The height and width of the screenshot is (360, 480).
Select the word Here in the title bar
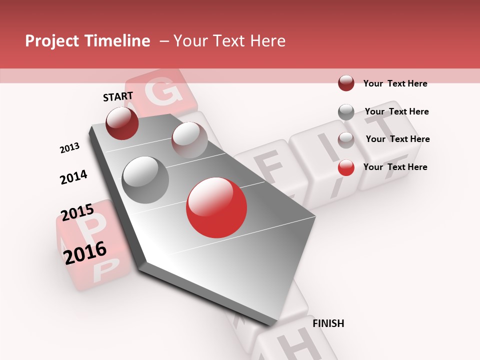tap(267, 41)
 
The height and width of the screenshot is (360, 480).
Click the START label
tap(118, 96)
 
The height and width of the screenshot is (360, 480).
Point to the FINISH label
tap(328, 323)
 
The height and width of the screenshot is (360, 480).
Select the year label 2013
tap(70, 148)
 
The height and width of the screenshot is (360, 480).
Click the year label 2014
tap(73, 177)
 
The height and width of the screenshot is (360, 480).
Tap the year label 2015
tap(77, 212)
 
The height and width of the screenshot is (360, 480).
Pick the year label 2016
tap(85, 252)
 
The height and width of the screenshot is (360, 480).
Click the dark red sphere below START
tap(122, 123)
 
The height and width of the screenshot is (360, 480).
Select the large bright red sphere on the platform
tap(216, 207)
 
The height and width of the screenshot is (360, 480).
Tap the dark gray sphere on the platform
tap(145, 180)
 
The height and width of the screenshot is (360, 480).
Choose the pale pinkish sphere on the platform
tap(189, 139)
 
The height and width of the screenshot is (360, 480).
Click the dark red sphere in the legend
tap(346, 83)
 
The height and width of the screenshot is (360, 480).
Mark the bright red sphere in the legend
tap(346, 167)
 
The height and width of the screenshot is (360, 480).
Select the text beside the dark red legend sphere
tap(395, 84)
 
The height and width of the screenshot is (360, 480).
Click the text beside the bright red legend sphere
tap(395, 167)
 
